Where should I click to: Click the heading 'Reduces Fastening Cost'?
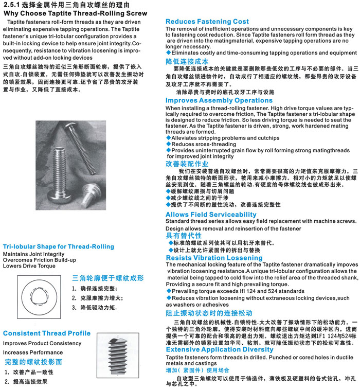(207, 22)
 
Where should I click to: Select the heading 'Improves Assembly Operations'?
(219, 100)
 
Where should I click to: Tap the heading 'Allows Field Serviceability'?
(211, 214)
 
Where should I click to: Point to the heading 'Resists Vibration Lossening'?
(214, 257)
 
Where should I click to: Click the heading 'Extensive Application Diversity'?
(219, 350)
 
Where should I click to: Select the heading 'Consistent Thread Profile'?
(47, 333)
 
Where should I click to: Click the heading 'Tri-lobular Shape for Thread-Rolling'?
(59, 246)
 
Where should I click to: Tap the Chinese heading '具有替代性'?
(184, 235)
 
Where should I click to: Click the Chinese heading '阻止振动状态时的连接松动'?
(209, 313)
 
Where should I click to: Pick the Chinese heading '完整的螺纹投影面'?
(33, 362)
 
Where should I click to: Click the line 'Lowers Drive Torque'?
(29, 266)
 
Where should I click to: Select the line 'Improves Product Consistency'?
(42, 343)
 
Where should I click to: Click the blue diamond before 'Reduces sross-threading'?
(168, 145)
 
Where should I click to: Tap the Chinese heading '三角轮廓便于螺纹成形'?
(107, 278)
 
